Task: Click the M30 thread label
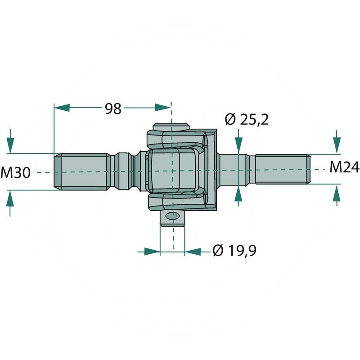pyautogui.click(x=16, y=173)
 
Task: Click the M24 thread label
pyautogui.click(x=344, y=167)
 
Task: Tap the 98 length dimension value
pyautogui.click(x=113, y=109)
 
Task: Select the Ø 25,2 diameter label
pyautogui.click(x=247, y=119)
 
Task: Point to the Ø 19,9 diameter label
pyautogui.click(x=234, y=251)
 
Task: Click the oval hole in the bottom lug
pyautogui.click(x=173, y=216)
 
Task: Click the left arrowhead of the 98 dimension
pyautogui.click(x=62, y=108)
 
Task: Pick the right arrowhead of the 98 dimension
pyautogui.click(x=163, y=108)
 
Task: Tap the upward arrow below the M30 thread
pyautogui.click(x=10, y=203)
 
